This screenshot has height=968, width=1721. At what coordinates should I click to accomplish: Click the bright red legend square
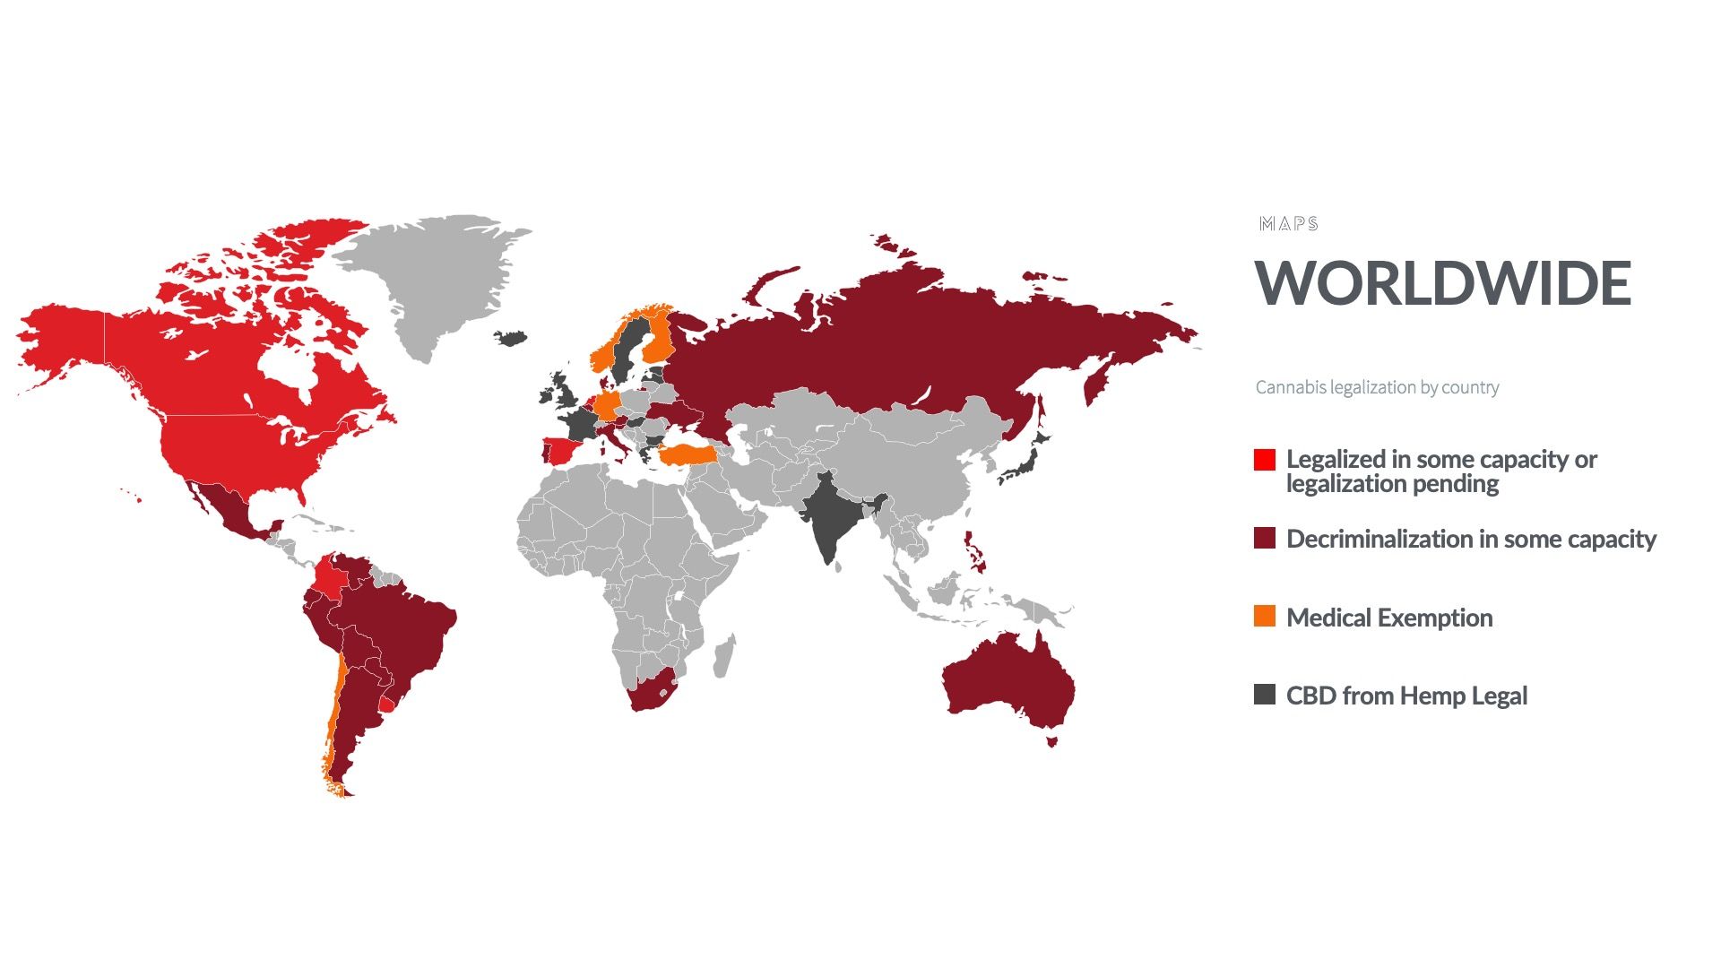tap(1264, 460)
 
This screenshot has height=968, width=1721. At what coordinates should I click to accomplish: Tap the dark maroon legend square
tap(1264, 538)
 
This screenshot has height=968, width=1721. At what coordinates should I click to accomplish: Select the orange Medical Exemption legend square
tap(1264, 616)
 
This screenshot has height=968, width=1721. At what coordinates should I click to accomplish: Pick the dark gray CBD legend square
tap(1264, 694)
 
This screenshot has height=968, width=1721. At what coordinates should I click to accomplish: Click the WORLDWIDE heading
tap(1442, 283)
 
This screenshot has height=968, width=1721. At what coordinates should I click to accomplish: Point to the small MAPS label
tap(1288, 224)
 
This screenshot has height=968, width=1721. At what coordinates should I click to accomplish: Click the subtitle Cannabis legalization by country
tap(1377, 387)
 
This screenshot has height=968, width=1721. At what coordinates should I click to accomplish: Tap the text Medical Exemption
tap(1389, 618)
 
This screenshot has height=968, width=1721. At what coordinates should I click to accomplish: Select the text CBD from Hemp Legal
tap(1406, 696)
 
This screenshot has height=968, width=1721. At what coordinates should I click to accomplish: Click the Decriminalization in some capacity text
tap(1471, 539)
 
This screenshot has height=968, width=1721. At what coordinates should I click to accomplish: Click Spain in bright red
tap(563, 450)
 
